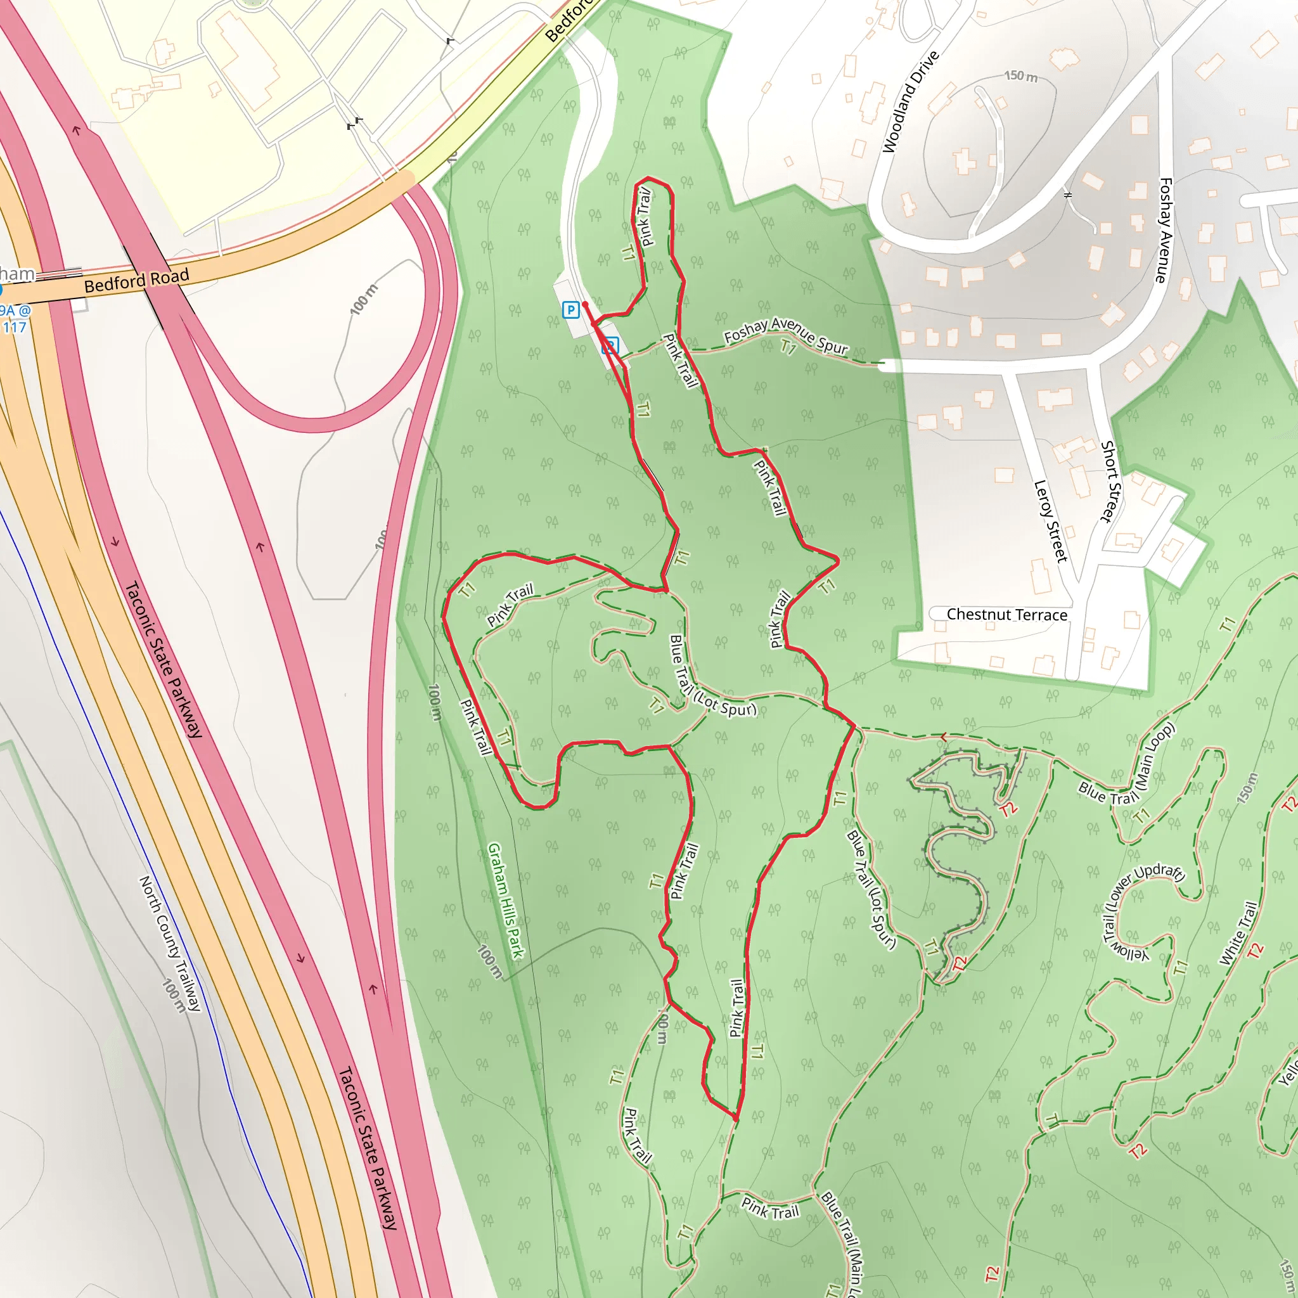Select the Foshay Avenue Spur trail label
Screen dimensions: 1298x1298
pyautogui.click(x=785, y=335)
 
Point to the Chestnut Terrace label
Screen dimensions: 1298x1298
pyautogui.click(x=1006, y=614)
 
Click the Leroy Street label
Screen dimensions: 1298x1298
pyautogui.click(x=1050, y=521)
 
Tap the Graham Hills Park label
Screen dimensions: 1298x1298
pyautogui.click(x=505, y=900)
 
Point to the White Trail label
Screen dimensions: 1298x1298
pyautogui.click(x=1238, y=934)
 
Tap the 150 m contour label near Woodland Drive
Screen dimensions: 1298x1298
pyautogui.click(x=1020, y=76)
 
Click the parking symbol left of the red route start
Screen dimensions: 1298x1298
pyautogui.click(x=570, y=310)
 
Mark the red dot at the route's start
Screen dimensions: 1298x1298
pyautogui.click(x=584, y=304)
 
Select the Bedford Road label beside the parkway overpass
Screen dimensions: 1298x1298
pyautogui.click(x=136, y=280)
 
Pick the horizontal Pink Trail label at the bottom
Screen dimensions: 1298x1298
pyautogui.click(x=770, y=1208)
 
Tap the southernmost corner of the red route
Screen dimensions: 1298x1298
pyautogui.click(x=736, y=1120)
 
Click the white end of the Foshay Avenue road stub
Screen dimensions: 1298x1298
pyautogui.click(x=884, y=366)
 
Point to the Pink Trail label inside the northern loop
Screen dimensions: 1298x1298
pyautogui.click(x=645, y=216)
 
